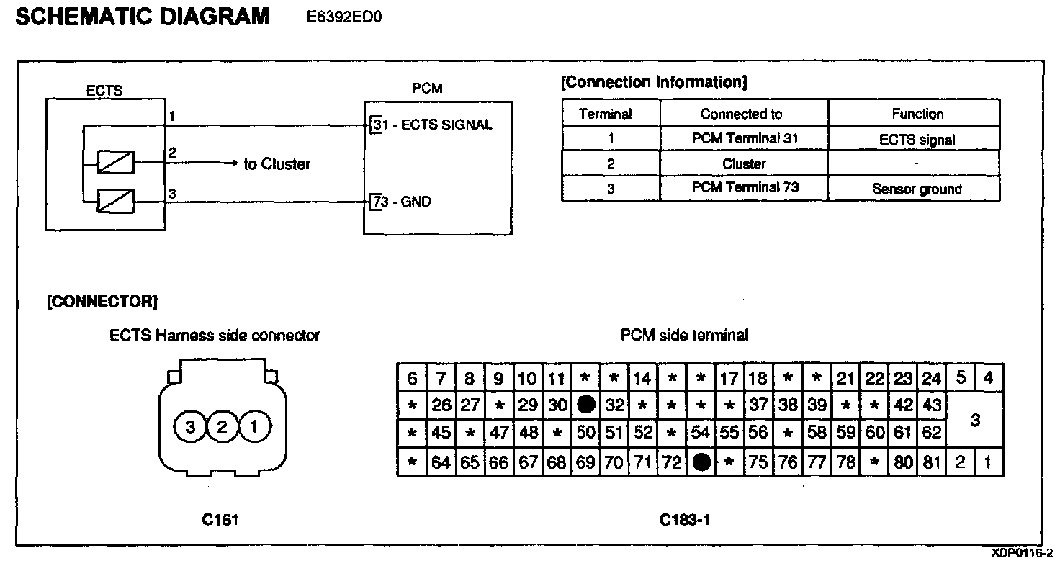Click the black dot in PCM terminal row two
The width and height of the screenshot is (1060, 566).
click(x=586, y=405)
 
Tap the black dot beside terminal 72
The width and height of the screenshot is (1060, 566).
click(x=701, y=462)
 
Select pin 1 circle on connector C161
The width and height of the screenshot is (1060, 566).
click(x=253, y=428)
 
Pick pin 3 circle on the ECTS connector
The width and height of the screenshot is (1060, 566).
click(x=190, y=428)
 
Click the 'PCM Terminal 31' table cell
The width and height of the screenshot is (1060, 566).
click(x=745, y=138)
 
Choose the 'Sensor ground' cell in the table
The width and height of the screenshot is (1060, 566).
click(x=916, y=189)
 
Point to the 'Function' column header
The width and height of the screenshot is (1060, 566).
click(x=917, y=114)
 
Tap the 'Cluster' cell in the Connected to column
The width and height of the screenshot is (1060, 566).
click(x=744, y=163)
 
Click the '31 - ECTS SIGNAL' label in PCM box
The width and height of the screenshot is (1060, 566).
click(x=431, y=125)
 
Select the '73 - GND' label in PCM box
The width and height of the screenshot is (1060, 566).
click(x=401, y=202)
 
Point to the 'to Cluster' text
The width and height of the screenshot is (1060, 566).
click(x=277, y=164)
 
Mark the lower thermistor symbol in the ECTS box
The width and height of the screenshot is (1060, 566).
click(x=115, y=201)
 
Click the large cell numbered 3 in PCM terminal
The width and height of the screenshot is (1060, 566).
click(x=974, y=420)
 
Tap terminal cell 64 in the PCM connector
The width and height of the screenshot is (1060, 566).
click(x=440, y=462)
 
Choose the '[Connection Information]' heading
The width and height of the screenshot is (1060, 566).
click(x=654, y=82)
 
